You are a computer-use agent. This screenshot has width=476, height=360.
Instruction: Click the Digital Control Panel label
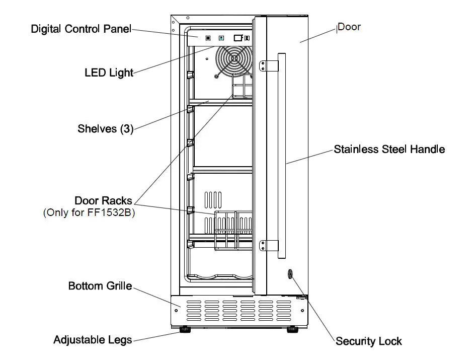(x=81, y=29)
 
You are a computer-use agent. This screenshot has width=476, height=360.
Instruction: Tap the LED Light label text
(x=109, y=73)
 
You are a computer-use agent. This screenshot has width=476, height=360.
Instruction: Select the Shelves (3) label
(x=105, y=128)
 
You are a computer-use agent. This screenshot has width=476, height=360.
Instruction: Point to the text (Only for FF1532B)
(x=89, y=212)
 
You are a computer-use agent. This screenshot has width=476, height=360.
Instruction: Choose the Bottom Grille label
(x=100, y=286)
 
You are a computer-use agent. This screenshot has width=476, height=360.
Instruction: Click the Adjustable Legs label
(x=93, y=340)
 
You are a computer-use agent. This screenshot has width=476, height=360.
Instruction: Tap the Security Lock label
(x=368, y=341)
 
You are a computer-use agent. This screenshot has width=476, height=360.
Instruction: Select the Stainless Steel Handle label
(x=389, y=149)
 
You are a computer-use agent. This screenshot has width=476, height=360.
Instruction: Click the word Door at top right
(x=349, y=27)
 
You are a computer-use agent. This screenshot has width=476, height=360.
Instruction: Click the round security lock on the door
(x=290, y=274)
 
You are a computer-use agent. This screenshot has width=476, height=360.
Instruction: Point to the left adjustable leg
(x=186, y=330)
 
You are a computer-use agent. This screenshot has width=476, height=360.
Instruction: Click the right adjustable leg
(x=292, y=330)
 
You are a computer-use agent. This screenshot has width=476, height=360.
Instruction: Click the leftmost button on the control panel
(x=207, y=38)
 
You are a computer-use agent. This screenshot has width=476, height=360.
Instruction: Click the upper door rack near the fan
(x=242, y=87)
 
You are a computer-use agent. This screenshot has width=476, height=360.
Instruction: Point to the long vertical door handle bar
(x=282, y=156)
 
